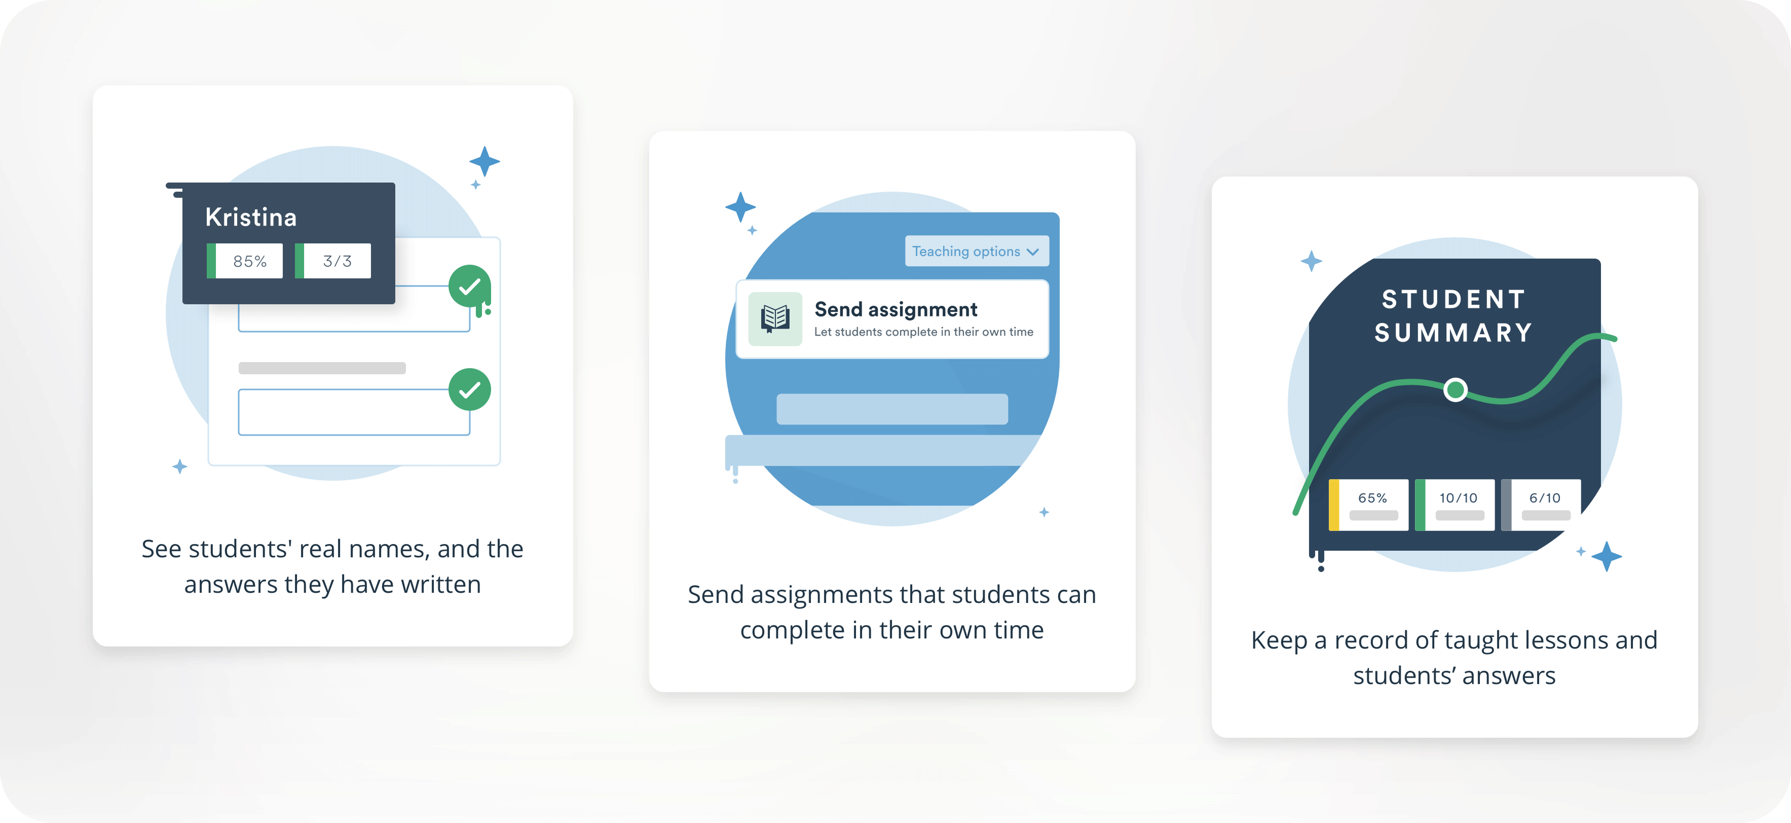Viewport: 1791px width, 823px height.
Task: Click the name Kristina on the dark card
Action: point(251,218)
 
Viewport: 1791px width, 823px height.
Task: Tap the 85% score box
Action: point(245,261)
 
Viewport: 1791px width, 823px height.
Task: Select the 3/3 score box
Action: point(333,261)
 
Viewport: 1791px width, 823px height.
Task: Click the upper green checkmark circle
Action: point(470,286)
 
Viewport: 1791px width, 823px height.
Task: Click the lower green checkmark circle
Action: point(470,389)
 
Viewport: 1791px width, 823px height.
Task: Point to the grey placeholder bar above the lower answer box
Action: point(322,368)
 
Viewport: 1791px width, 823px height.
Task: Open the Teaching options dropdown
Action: point(977,251)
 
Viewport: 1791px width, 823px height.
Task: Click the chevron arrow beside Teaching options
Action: point(1033,252)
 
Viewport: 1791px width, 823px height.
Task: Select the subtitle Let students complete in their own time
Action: point(923,332)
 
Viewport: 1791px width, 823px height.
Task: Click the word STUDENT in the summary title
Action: point(1454,299)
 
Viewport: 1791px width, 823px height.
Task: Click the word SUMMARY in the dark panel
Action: point(1454,333)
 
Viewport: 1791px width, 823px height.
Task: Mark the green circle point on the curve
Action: point(1455,389)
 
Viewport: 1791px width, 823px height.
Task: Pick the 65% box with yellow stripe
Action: point(1368,505)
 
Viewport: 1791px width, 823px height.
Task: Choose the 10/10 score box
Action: point(1454,505)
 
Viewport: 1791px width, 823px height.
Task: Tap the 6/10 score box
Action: point(1541,505)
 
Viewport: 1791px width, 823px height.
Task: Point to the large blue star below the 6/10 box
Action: point(1606,557)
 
